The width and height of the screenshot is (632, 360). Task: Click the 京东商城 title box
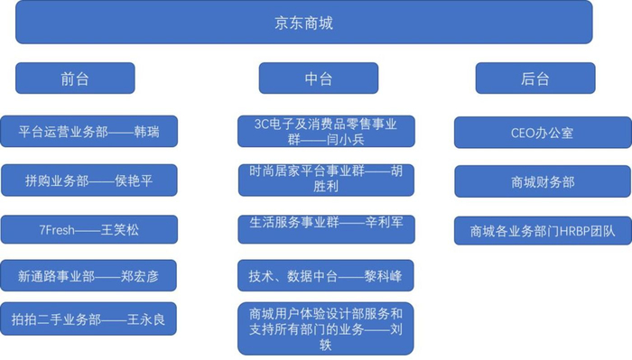point(303,22)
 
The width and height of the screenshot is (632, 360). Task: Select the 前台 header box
point(75,78)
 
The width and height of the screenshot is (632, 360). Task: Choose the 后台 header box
point(534,78)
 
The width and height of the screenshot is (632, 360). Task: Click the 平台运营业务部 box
point(88,132)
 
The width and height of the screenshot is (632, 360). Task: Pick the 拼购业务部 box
point(88,180)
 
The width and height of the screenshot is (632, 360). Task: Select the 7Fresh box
point(88,230)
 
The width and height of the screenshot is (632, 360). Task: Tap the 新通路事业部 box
point(88,275)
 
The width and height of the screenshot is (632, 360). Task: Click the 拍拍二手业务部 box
point(88,318)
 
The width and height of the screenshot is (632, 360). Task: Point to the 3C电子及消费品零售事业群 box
point(326,132)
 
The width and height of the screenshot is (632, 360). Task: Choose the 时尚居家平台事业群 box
point(326,179)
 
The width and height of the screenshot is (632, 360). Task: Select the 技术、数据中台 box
point(326,275)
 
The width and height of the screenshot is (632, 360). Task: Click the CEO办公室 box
point(542,133)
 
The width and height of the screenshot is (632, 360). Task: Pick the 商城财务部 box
point(542,181)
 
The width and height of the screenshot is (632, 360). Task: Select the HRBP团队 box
point(542,230)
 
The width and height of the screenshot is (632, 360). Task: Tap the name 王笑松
point(119,230)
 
